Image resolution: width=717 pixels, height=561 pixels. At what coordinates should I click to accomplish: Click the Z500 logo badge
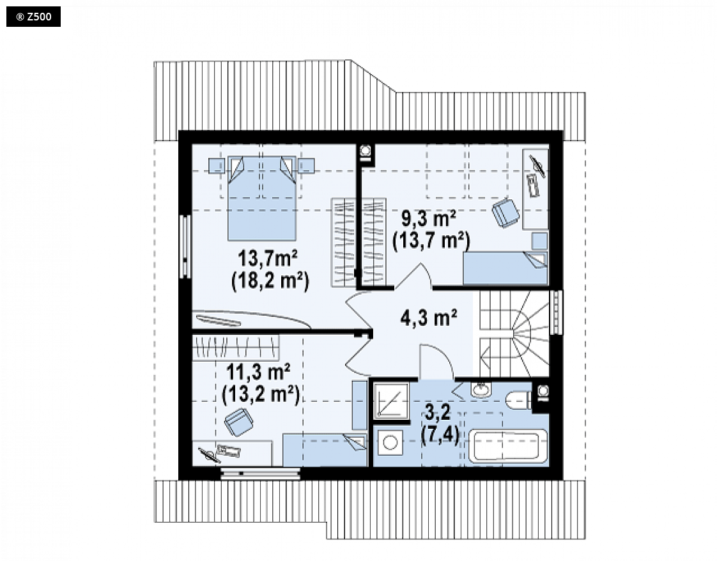[x=33, y=17]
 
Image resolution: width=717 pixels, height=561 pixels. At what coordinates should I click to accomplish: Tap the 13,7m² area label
[x=268, y=259]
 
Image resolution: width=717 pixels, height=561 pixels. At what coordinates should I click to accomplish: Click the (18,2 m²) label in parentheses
[x=270, y=281]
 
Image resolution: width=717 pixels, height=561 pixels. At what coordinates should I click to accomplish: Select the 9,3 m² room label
[x=428, y=219]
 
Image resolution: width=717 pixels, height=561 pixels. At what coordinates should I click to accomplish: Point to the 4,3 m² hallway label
[x=428, y=318]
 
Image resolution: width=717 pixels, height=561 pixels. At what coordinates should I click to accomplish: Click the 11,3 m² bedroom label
[x=259, y=372]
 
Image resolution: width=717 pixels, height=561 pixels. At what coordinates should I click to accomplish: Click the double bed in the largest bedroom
[x=262, y=198]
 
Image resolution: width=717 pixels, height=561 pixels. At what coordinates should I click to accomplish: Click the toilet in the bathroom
[x=518, y=401]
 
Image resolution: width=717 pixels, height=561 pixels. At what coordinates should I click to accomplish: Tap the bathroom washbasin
[x=480, y=390]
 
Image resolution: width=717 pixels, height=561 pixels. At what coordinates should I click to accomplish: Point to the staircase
[x=514, y=334]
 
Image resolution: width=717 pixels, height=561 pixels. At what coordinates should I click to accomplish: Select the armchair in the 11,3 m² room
[x=239, y=422]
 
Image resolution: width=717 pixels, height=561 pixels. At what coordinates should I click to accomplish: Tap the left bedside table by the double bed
[x=217, y=165]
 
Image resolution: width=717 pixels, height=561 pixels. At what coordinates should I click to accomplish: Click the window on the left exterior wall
[x=185, y=247]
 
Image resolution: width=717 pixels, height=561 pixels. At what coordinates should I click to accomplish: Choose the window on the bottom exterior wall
[x=261, y=473]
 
